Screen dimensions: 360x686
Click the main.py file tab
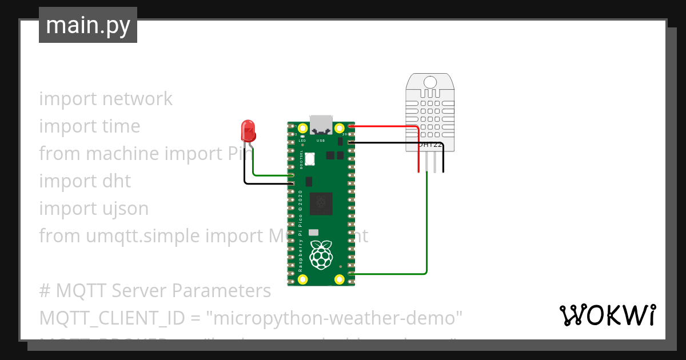click(87, 25)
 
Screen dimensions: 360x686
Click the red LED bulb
click(248, 130)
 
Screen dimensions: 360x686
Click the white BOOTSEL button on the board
click(310, 159)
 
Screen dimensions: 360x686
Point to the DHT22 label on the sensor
click(429, 145)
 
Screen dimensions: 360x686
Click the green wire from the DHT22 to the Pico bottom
click(426, 229)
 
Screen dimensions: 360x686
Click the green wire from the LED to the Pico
click(272, 175)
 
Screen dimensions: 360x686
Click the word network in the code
click(137, 99)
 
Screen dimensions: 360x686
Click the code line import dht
click(85, 181)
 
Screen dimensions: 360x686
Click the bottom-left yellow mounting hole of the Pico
click(303, 279)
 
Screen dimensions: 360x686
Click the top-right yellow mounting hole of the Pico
click(339, 127)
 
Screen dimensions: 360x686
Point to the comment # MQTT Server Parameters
click(154, 291)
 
